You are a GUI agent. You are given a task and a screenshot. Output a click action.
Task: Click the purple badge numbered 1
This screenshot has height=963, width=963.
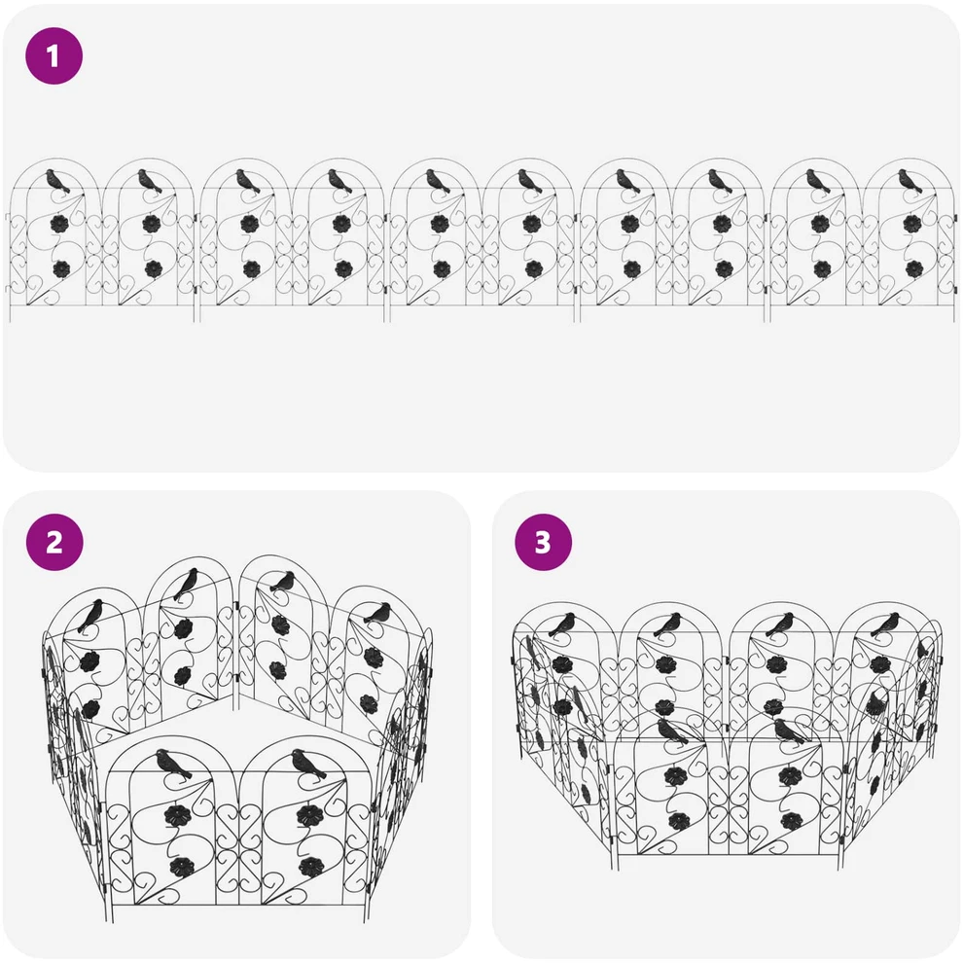[53, 55]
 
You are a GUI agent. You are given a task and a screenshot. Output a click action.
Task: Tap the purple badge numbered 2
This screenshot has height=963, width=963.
[54, 543]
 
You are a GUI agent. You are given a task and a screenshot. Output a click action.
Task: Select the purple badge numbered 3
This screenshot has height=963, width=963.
[543, 543]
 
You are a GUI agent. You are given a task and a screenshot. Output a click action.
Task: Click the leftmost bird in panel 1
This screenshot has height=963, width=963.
[57, 182]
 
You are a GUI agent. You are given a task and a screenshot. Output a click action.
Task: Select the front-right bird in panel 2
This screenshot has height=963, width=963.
[308, 766]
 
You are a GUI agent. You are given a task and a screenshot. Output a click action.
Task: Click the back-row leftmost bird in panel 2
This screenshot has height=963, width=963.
[90, 616]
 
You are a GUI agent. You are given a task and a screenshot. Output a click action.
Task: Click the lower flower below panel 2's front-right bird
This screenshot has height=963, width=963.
[311, 867]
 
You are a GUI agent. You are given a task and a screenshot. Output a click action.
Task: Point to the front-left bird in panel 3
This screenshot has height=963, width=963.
[672, 731]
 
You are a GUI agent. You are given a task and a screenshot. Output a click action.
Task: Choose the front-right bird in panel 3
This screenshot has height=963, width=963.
[789, 731]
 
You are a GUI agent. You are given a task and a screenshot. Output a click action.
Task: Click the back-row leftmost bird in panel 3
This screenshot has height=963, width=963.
[561, 624]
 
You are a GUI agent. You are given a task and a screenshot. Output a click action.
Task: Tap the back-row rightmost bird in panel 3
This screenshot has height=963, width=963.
[885, 624]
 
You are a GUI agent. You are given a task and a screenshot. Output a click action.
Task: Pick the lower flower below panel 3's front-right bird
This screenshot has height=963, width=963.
[791, 821]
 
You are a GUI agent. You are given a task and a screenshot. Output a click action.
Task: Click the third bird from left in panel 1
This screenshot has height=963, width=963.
[247, 182]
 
